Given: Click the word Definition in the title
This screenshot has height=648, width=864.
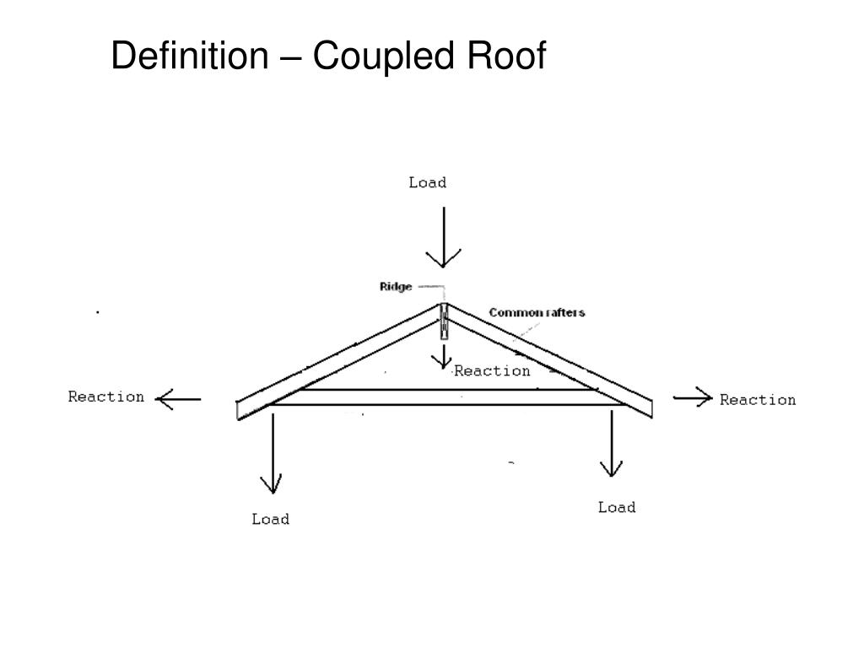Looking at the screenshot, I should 188,57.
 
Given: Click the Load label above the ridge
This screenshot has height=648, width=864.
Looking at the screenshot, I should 427,182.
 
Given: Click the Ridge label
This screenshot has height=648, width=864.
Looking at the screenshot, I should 396,287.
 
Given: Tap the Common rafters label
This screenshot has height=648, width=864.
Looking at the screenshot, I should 537,312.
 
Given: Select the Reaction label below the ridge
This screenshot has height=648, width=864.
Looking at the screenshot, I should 493,370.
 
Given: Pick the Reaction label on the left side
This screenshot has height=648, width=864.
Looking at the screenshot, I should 106,397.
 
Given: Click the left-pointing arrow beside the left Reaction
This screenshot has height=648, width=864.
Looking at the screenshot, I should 179,398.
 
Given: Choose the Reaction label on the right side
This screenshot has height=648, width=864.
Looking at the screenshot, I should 758,399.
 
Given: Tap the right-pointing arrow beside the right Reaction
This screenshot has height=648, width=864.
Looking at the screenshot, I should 693,398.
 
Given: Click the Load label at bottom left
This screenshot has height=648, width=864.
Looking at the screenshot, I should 270,519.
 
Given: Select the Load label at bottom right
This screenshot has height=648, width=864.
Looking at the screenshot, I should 617,507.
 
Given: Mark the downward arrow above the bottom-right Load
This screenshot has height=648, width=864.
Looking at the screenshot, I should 611,444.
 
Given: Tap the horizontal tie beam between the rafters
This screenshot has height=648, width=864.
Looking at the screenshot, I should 447,397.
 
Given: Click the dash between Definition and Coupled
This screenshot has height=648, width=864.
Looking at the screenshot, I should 289,57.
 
